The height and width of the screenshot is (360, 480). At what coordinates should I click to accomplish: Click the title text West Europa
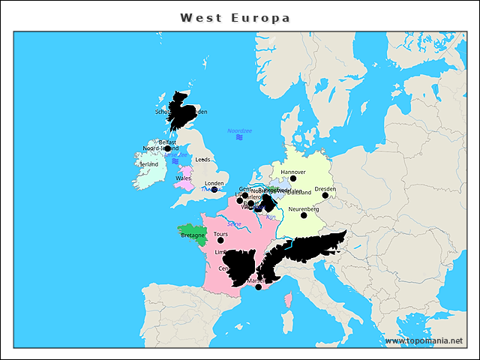[x=235, y=17]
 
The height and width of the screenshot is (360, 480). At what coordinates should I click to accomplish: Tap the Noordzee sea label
[x=240, y=130]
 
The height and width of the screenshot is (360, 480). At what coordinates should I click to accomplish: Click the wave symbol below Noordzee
[x=239, y=138]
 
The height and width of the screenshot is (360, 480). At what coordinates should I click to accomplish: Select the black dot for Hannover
[x=293, y=178]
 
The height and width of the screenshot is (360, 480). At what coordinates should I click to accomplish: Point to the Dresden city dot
[x=325, y=196]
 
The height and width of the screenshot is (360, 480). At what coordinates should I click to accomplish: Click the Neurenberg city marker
[x=304, y=215]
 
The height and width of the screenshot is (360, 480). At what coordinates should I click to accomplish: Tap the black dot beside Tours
[x=220, y=241]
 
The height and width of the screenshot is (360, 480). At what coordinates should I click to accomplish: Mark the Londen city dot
[x=214, y=190]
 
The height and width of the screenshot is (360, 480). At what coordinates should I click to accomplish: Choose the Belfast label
[x=167, y=142]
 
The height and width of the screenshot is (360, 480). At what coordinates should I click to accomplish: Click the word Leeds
[x=202, y=160]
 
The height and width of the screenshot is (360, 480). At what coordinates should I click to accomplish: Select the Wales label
[x=183, y=178]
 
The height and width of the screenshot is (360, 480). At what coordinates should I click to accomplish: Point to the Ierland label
[x=149, y=163]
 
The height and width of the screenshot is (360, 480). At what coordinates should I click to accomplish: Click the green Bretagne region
[x=190, y=235]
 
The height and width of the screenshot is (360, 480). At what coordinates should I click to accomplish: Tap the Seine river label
[x=234, y=223]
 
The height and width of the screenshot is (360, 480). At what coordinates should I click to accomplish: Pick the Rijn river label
[x=271, y=217]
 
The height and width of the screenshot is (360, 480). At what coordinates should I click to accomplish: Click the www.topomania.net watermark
[x=424, y=340]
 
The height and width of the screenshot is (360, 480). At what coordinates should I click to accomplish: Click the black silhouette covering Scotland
[x=180, y=111]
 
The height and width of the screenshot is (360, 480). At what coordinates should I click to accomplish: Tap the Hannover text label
[x=293, y=172]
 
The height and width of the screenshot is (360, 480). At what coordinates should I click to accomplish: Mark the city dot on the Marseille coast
[x=259, y=287]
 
